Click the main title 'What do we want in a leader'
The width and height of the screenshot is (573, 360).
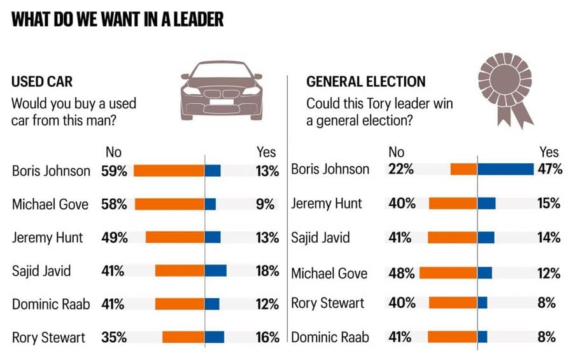tap(118, 20)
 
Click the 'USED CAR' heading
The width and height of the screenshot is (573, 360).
tap(42, 82)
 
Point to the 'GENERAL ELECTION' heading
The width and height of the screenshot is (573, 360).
tap(365, 82)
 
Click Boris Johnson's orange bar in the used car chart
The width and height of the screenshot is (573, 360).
tap(169, 171)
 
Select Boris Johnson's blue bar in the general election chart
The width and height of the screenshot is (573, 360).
tap(506, 169)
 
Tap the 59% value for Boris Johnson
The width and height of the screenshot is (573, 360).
tap(114, 171)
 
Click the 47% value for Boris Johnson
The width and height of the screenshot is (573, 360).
tap(549, 169)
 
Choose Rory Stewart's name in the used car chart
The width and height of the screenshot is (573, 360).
tap(48, 338)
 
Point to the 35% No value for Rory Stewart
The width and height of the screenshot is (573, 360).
tap(114, 337)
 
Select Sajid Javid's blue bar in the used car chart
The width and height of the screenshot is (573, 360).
tap(216, 271)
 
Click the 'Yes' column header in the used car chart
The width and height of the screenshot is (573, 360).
tap(265, 152)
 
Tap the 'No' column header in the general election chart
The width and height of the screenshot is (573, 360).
tap(396, 152)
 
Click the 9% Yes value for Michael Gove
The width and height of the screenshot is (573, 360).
tap(269, 204)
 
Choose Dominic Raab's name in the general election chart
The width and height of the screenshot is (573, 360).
tap(330, 337)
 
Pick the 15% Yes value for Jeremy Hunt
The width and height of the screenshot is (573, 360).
tap(549, 203)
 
